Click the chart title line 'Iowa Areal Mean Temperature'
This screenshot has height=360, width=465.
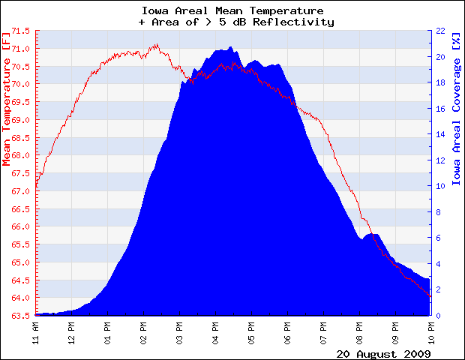point(232,11)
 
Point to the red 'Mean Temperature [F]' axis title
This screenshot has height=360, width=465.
point(7,98)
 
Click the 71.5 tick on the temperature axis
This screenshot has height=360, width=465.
point(21,31)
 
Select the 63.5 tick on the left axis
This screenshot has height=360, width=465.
point(21,315)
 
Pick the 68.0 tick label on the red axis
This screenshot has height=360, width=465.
point(21,155)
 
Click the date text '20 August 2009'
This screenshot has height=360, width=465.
point(382,352)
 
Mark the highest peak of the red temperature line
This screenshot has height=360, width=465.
point(156,44)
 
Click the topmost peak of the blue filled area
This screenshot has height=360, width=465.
point(229,46)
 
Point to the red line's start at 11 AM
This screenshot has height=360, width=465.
point(36,187)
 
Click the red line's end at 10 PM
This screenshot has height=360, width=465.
point(430,296)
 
